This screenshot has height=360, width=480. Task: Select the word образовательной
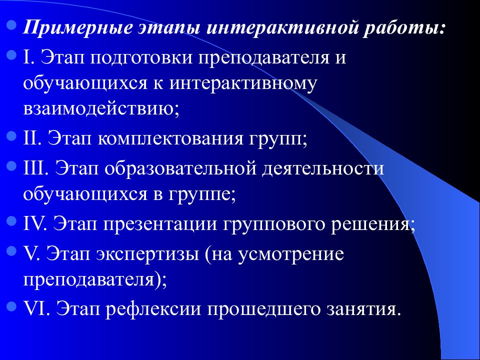point(180,166)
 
